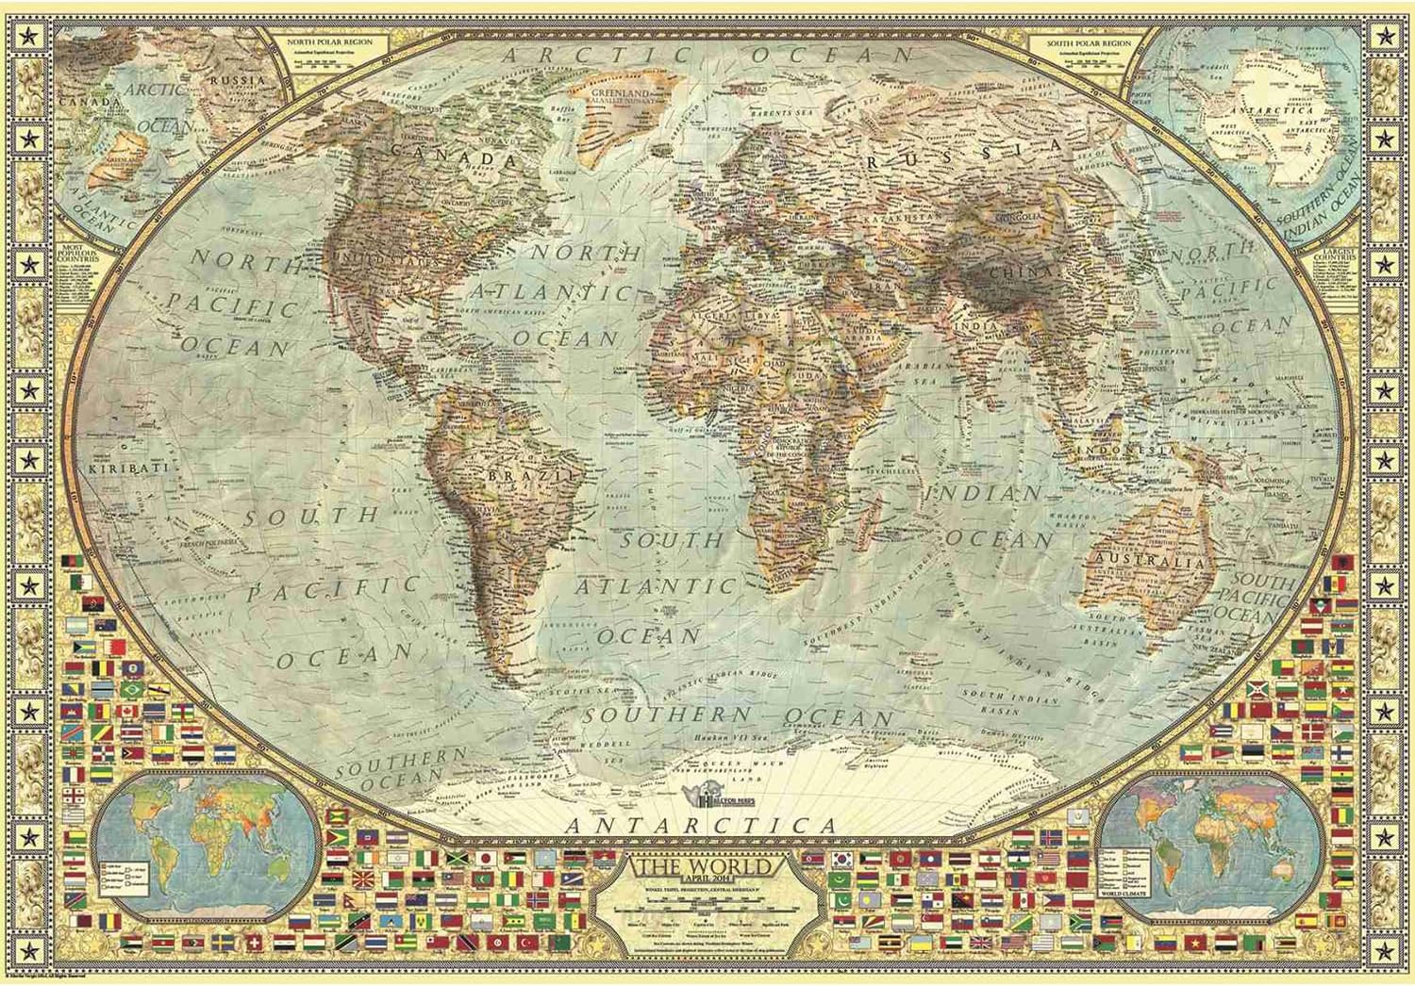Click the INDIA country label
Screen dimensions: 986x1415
pos(976,326)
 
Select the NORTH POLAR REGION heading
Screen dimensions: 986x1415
pos(332,43)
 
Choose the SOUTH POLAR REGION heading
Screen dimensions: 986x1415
pos(1088,43)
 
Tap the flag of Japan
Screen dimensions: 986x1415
pos(485,858)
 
